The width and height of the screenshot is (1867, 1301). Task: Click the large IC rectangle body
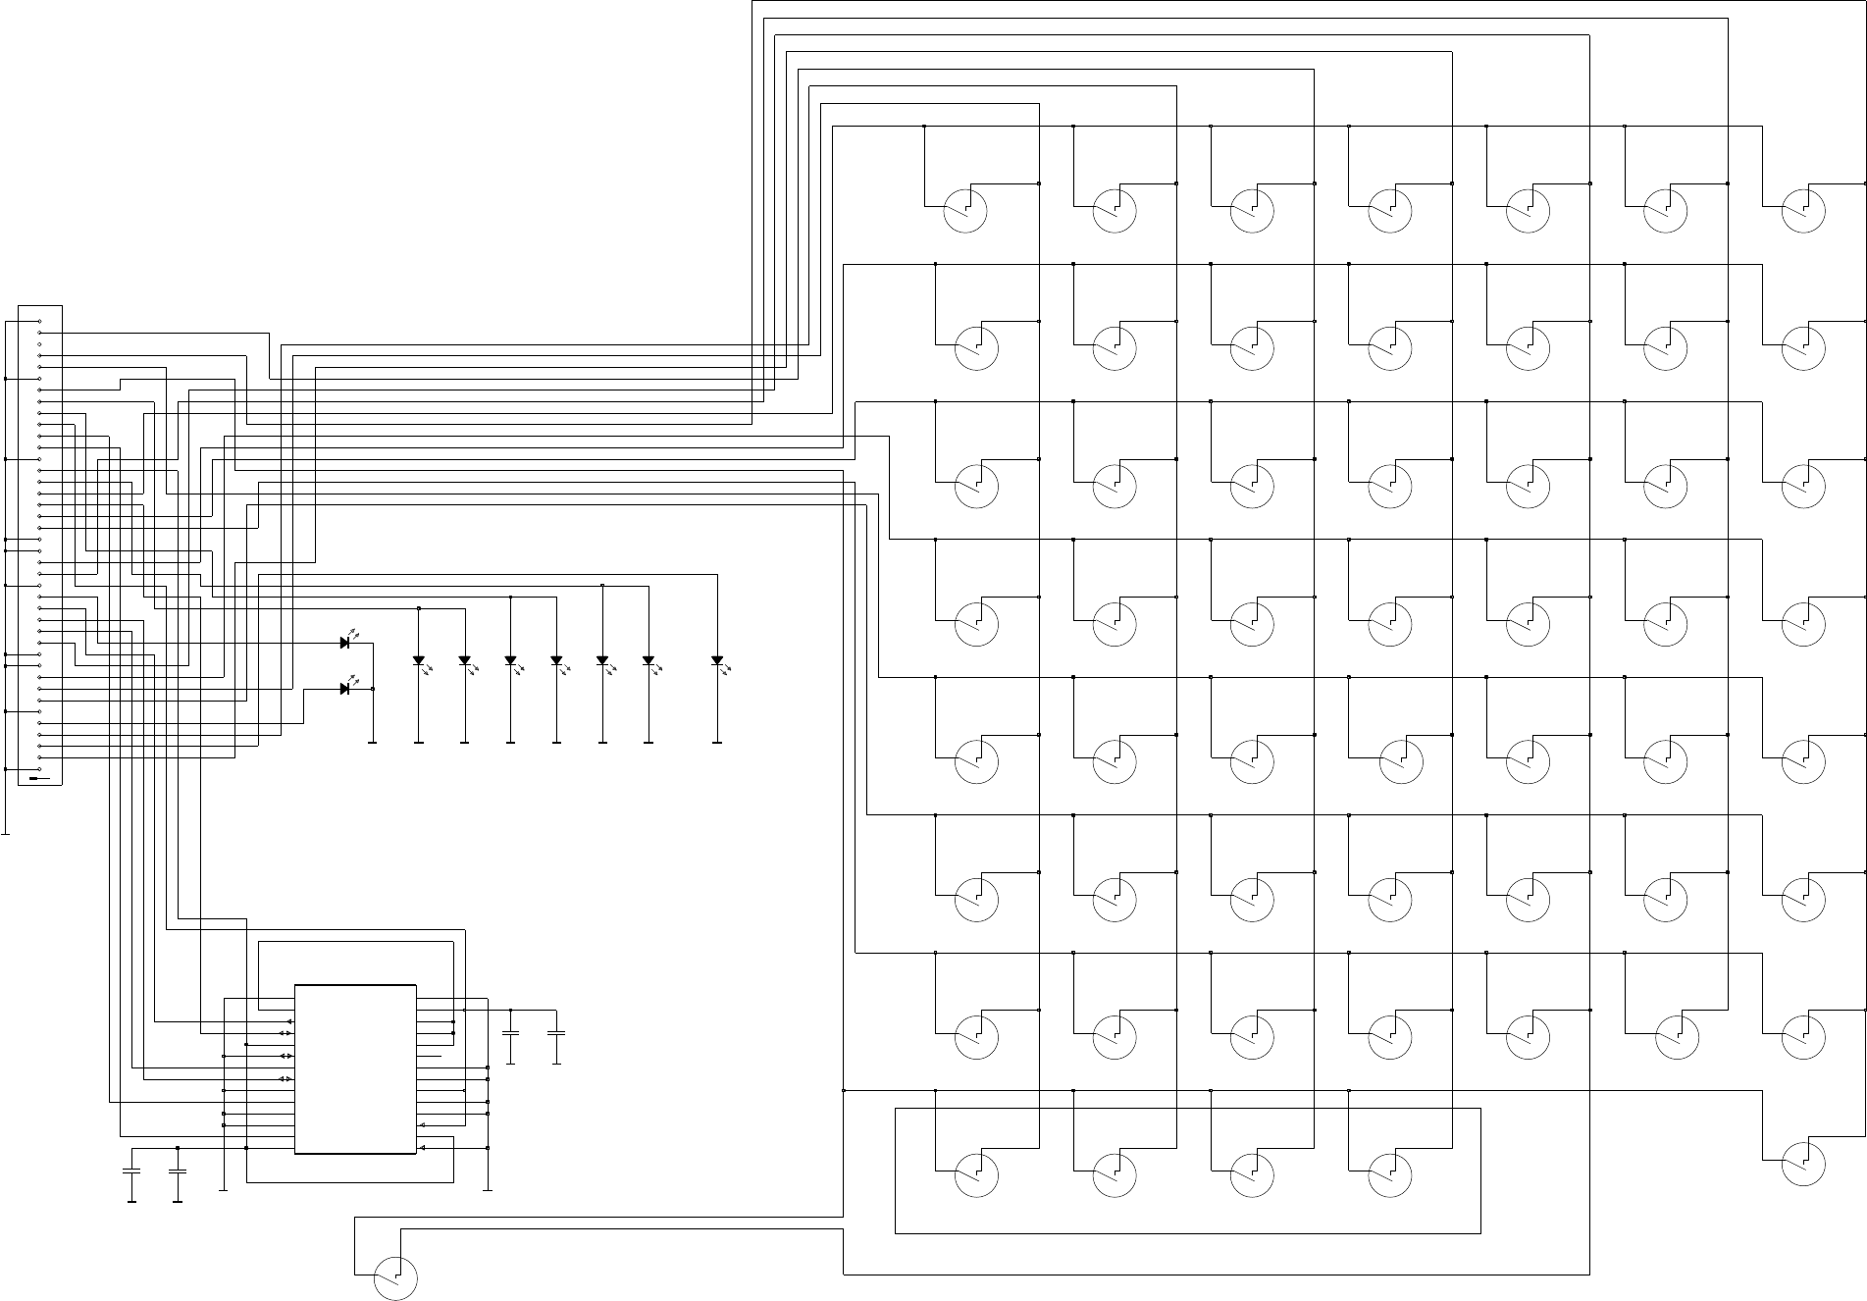click(355, 1069)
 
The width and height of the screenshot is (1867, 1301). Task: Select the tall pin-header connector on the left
click(40, 545)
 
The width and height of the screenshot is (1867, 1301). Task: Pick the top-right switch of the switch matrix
click(1803, 211)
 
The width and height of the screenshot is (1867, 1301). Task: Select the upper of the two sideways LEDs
click(345, 644)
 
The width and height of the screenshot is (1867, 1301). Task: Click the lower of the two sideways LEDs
click(345, 689)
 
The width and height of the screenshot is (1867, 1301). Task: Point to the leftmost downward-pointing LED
click(419, 661)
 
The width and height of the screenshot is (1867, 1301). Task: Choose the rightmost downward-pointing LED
click(717, 661)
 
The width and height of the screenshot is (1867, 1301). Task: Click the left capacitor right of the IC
click(510, 1033)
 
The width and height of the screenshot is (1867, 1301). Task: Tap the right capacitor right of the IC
click(556, 1033)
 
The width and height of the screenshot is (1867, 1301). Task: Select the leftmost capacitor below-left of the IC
click(131, 1171)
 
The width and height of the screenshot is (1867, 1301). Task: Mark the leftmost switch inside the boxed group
click(977, 1174)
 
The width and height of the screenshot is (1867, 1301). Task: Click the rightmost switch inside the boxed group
click(1390, 1174)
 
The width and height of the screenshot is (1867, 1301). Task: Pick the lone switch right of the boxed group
click(1803, 1164)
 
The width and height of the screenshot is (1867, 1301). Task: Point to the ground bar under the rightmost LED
click(717, 743)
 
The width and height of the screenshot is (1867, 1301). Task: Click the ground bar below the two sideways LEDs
click(373, 743)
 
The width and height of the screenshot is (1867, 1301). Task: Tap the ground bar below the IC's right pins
click(488, 1190)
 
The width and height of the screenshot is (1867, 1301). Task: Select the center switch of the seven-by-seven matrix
click(1390, 624)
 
